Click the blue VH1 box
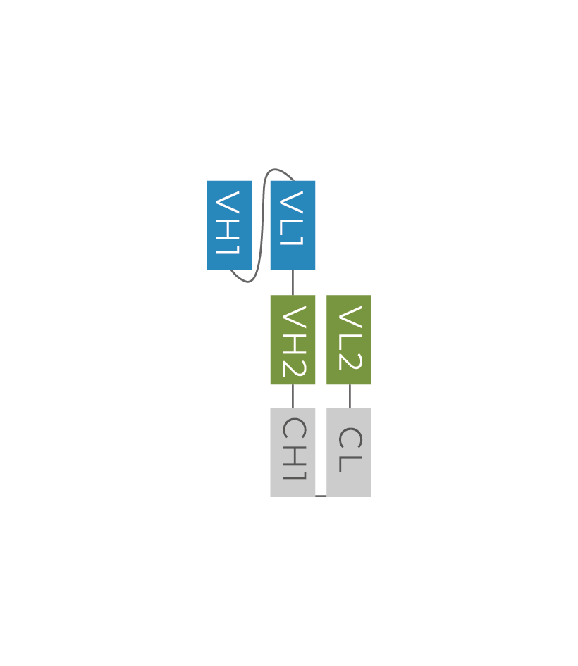click(228, 225)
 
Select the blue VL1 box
click(293, 225)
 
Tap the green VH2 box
click(293, 340)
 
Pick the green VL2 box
click(349, 340)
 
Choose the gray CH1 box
click(293, 452)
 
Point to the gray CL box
click(349, 452)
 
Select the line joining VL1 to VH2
click(293, 282)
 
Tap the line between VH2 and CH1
click(293, 396)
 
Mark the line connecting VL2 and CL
click(350, 396)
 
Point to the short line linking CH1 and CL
click(321, 496)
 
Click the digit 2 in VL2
click(350, 360)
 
